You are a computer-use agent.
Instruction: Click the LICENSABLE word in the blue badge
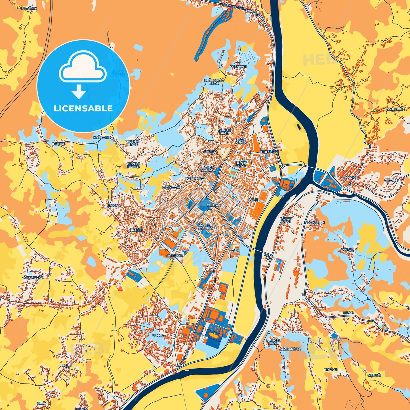83,108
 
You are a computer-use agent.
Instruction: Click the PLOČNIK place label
29,9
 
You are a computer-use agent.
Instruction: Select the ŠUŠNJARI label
238,67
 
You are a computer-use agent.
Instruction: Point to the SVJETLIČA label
396,109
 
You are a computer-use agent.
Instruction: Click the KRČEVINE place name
102,137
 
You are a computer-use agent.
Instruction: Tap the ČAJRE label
60,144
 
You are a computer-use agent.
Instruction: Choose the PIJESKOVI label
270,152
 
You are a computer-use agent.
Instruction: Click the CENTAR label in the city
213,205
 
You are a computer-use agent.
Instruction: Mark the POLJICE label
351,177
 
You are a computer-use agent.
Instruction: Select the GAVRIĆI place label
391,180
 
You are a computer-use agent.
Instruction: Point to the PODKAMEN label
314,222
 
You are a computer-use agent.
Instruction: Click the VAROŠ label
348,250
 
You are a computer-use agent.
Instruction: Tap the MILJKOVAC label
33,277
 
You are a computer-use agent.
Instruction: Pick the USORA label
158,335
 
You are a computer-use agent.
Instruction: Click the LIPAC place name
348,313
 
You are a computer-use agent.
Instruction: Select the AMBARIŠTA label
291,349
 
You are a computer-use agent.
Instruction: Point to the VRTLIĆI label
374,375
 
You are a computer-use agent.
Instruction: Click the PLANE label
66,365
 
